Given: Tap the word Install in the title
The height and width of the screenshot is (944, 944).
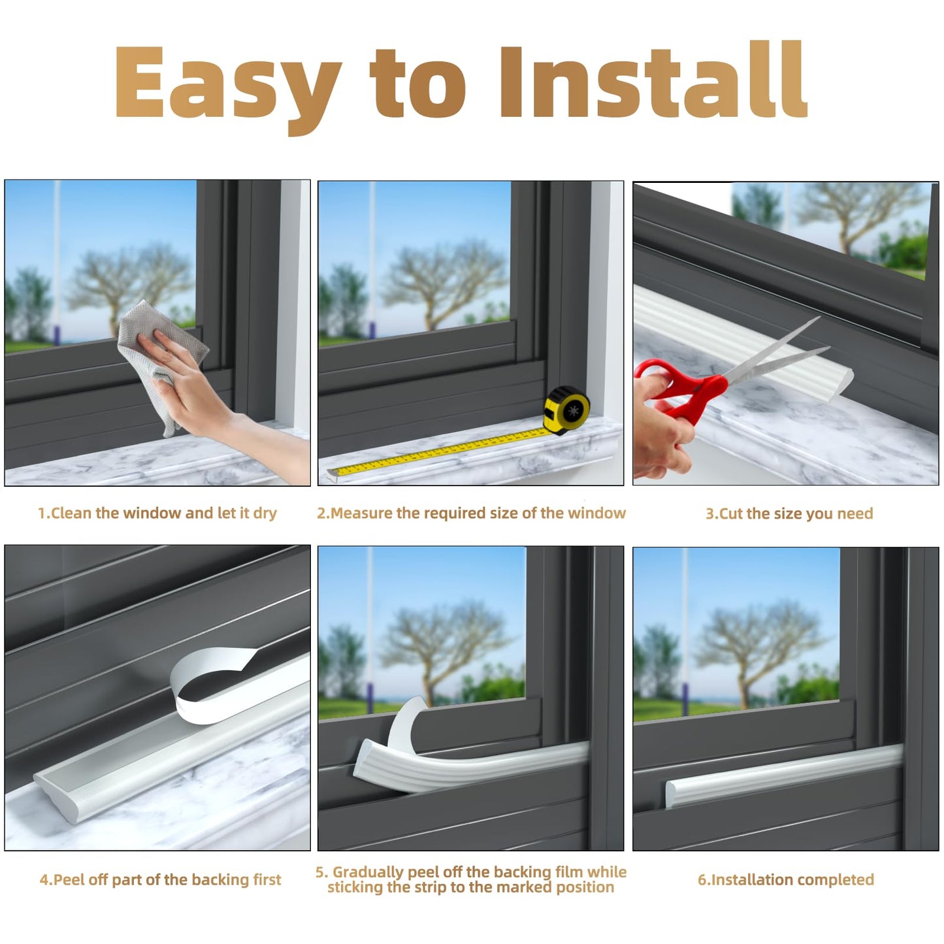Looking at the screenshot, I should [x=653, y=82].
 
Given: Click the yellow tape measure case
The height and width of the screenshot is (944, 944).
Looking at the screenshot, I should [x=567, y=410].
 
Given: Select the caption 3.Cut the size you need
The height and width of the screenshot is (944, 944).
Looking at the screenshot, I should [x=789, y=513].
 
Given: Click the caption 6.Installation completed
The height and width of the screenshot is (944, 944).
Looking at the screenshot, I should [x=785, y=879].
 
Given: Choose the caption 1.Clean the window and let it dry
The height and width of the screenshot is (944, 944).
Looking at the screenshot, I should [x=157, y=513].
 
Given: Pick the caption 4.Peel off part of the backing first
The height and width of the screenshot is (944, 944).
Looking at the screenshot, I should [x=160, y=879].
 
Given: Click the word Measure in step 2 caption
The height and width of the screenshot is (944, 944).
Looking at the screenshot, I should [x=362, y=513].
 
